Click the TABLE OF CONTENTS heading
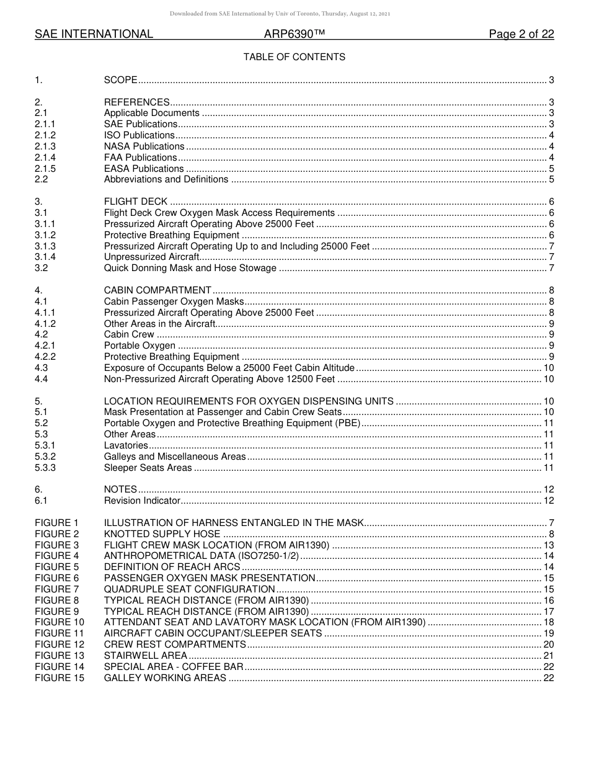pyautogui.click(x=294, y=57)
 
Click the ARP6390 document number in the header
pyautogui.click(x=291, y=34)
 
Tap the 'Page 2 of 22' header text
pyautogui.click(x=521, y=34)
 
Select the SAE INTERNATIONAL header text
pyautogui.click(x=94, y=34)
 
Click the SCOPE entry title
pyautogui.click(x=120, y=80)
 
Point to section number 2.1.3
pyautogui.click(x=45, y=146)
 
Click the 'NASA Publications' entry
pyautogui.click(x=144, y=146)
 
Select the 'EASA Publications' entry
pyautogui.click(x=144, y=169)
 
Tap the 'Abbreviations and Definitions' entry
pyautogui.click(x=166, y=180)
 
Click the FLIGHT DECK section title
pyautogui.click(x=136, y=202)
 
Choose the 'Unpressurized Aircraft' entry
pyautogui.click(x=151, y=257)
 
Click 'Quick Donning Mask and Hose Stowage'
pyautogui.click(x=190, y=268)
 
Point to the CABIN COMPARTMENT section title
pyautogui.click(x=157, y=290)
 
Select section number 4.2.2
pyautogui.click(x=45, y=357)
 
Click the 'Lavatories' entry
pyautogui.click(x=126, y=445)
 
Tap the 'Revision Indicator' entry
pyautogui.click(x=142, y=501)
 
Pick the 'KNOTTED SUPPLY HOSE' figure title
pyautogui.click(x=162, y=534)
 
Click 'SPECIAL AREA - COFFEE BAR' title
pyautogui.click(x=174, y=667)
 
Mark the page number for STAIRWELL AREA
pyautogui.click(x=548, y=656)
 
